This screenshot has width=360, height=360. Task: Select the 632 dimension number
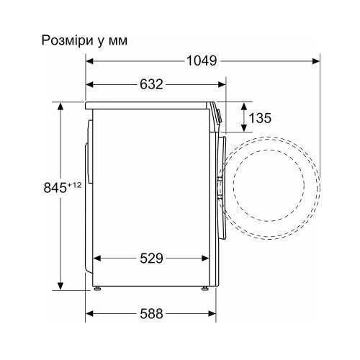(x=150, y=84)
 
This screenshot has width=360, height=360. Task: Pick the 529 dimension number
(x=150, y=257)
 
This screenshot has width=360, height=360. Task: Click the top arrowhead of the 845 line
(x=60, y=106)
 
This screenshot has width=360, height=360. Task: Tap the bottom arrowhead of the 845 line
(x=60, y=286)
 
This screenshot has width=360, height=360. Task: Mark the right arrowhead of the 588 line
(x=214, y=314)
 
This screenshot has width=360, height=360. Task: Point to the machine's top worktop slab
(x=151, y=105)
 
